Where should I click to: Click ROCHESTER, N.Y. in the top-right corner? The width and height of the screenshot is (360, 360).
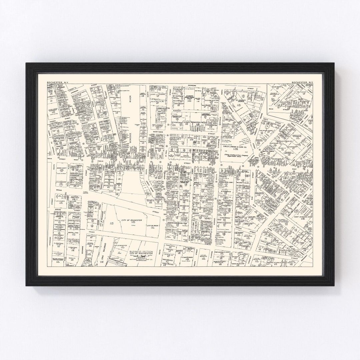tap(302, 82)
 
